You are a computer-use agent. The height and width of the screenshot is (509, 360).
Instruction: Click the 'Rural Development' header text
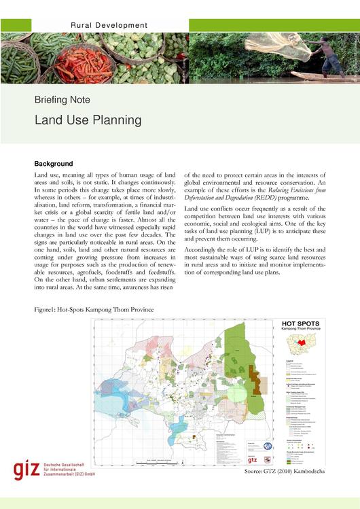[109, 25]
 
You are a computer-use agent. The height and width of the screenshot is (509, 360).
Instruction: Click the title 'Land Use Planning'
[88, 120]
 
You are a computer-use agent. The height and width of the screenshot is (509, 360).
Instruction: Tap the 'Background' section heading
[53, 164]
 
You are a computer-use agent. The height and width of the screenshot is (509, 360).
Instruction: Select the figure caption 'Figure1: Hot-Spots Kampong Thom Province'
[94, 309]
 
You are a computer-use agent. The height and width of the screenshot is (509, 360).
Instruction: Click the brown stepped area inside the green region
[256, 380]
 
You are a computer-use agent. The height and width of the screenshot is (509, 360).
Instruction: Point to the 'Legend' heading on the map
[289, 361]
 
